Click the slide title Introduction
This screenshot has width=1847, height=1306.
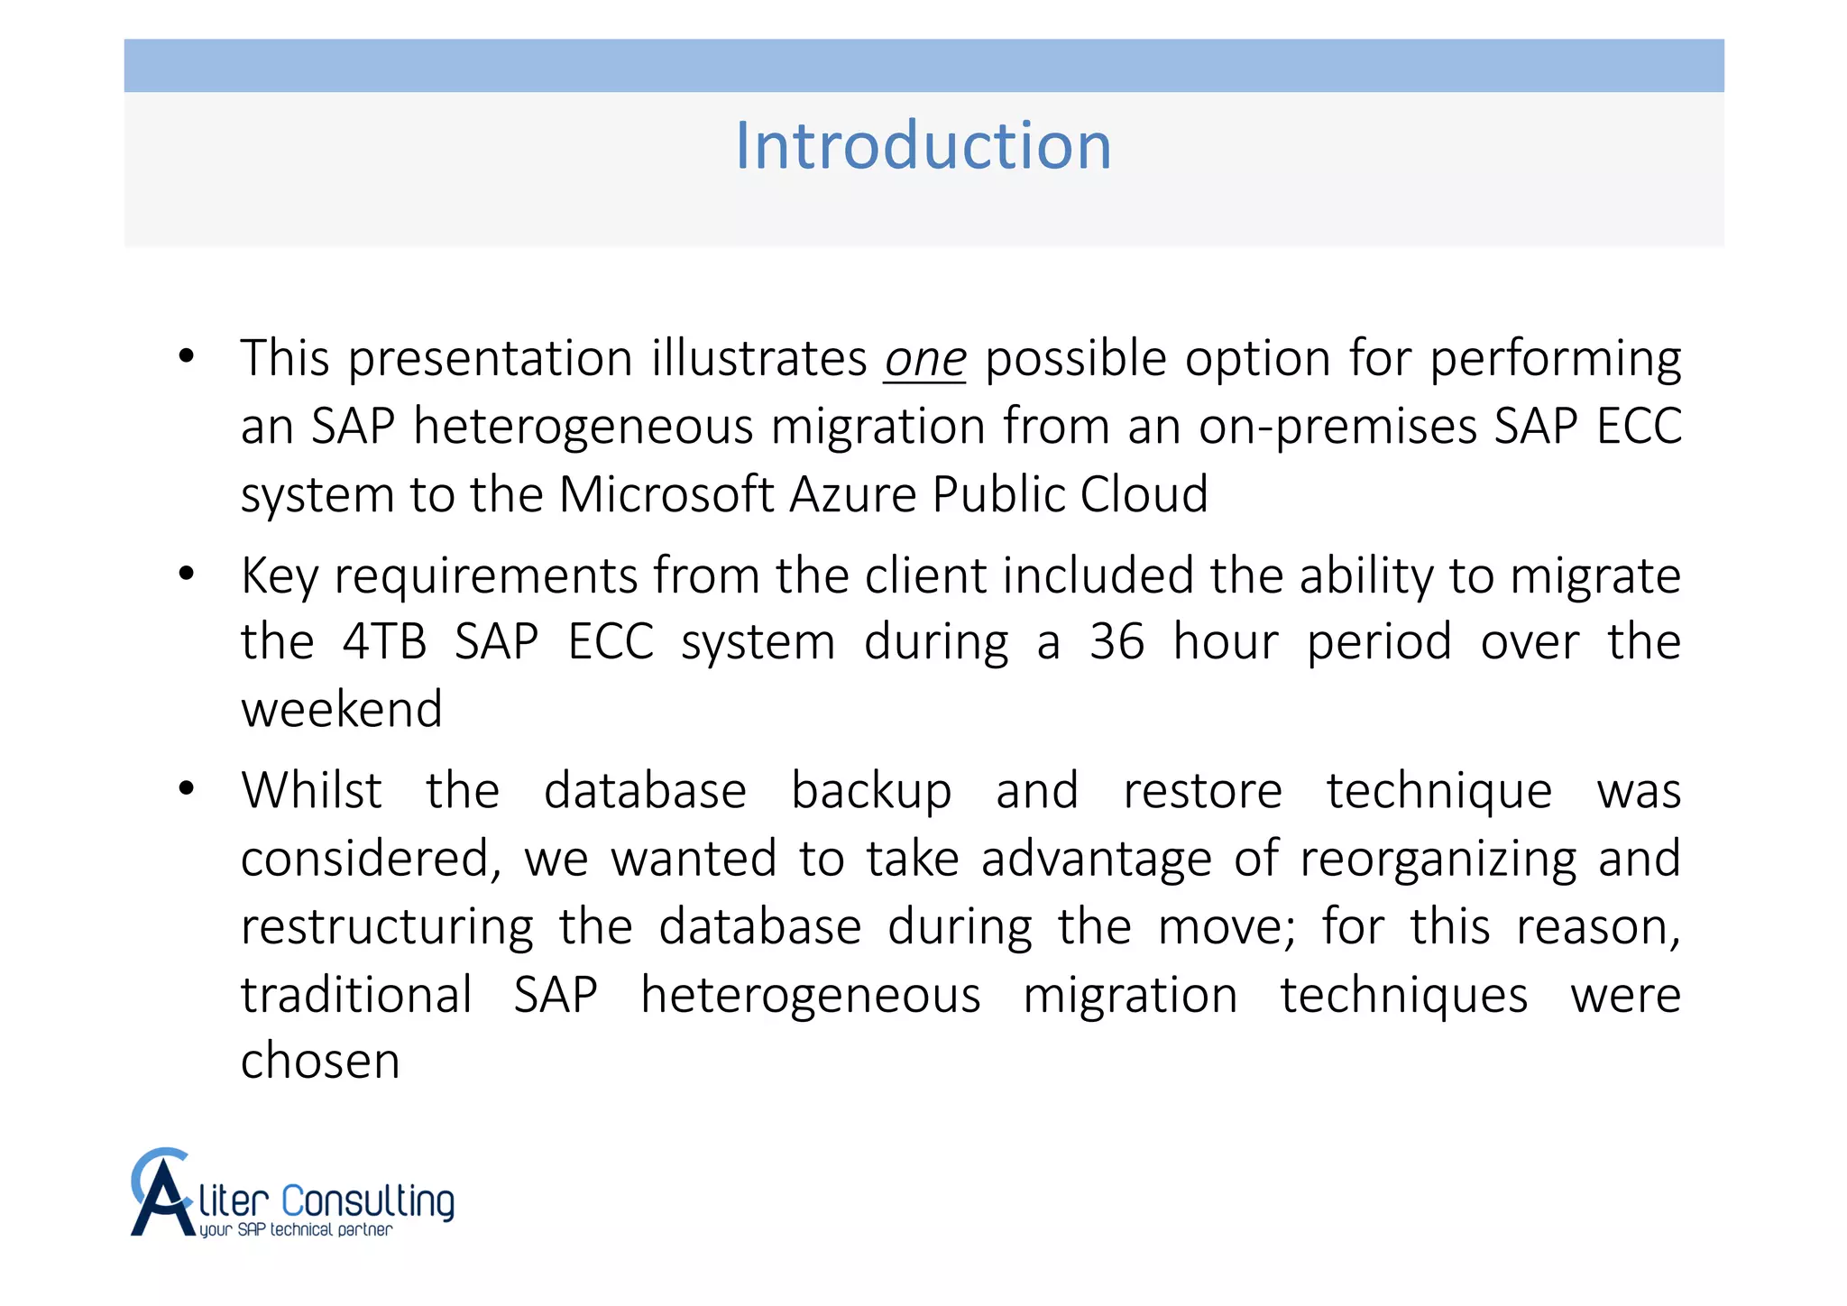(x=923, y=145)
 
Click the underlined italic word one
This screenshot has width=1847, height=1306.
(x=924, y=359)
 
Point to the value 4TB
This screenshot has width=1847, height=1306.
(x=384, y=642)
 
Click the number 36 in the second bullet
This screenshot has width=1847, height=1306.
(x=1116, y=642)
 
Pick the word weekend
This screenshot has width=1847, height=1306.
(x=342, y=709)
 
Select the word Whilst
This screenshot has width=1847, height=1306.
(x=311, y=791)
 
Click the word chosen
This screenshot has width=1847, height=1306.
(x=320, y=1061)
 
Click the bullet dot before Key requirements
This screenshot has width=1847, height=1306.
(x=187, y=574)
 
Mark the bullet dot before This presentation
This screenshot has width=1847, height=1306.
(x=187, y=356)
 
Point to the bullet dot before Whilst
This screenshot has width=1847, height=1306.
(x=187, y=789)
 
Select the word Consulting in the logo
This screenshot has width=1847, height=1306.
(x=367, y=1202)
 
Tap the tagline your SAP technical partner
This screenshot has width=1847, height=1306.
(x=296, y=1230)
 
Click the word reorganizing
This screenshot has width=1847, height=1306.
(x=1438, y=859)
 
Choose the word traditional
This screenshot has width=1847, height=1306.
(x=356, y=995)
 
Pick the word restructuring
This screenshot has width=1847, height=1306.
(x=387, y=927)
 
